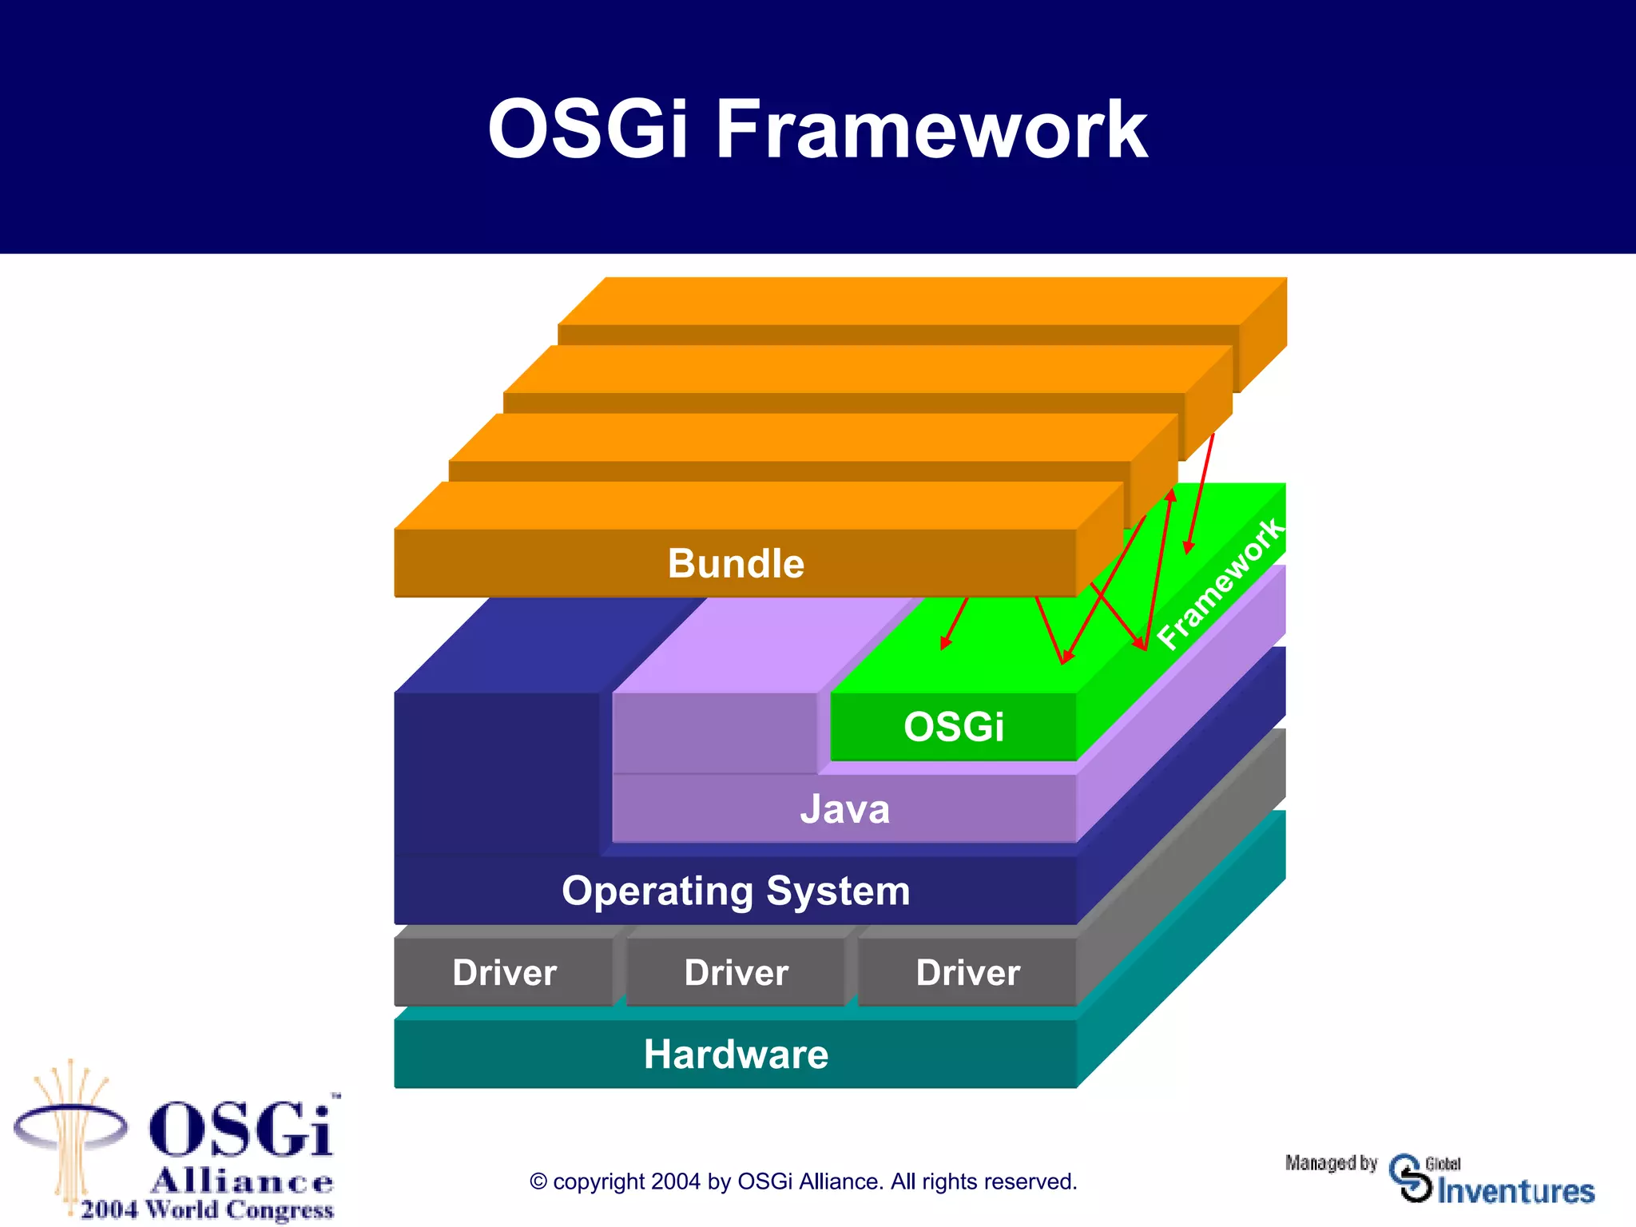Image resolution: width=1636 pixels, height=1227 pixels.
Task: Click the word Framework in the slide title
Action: [931, 129]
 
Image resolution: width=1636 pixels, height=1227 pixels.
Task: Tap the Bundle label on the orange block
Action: [736, 563]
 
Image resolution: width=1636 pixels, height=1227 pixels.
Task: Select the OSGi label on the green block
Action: [953, 727]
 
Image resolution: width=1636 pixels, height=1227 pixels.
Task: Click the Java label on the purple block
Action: [844, 809]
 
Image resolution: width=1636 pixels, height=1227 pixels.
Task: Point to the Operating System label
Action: [736, 891]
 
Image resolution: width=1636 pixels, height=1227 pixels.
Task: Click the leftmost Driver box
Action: [504, 973]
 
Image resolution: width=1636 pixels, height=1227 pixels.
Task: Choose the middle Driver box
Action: [736, 973]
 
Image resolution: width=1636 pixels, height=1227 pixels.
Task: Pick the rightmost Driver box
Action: [967, 973]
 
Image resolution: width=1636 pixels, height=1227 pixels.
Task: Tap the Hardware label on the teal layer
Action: [736, 1054]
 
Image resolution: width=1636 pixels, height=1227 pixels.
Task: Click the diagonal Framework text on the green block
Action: [1220, 584]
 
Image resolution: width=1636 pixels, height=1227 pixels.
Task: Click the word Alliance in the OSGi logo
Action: [242, 1181]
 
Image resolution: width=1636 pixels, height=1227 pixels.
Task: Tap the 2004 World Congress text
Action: [207, 1209]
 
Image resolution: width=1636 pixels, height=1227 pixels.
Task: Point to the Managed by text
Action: [1331, 1163]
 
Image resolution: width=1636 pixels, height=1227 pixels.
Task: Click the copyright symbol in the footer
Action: [538, 1182]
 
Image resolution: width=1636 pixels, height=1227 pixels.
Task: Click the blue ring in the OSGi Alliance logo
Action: [70, 1127]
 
